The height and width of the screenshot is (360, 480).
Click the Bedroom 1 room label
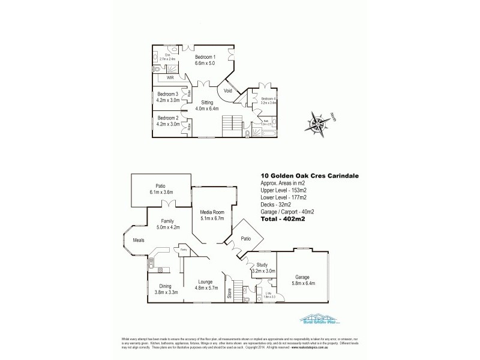tap(205, 56)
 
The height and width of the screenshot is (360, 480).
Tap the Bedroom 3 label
tap(168, 94)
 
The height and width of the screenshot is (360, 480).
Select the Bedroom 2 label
tap(168, 118)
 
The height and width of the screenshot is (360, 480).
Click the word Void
tap(228, 90)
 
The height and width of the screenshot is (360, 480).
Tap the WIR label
tap(170, 77)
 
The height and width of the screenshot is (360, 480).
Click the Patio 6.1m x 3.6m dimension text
tap(161, 192)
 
